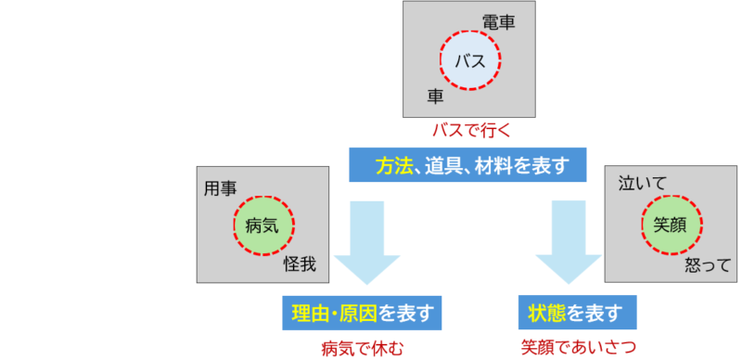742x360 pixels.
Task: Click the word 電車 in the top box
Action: pyautogui.click(x=498, y=22)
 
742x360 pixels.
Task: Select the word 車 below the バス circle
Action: pyautogui.click(x=434, y=96)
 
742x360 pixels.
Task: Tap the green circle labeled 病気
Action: pyautogui.click(x=262, y=225)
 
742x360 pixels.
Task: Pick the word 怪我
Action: pyautogui.click(x=300, y=265)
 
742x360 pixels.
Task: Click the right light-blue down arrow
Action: pyautogui.click(x=568, y=243)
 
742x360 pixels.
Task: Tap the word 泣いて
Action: pyautogui.click(x=642, y=184)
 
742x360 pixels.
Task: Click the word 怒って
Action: pyautogui.click(x=708, y=265)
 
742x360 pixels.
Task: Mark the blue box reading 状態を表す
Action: pyautogui.click(x=576, y=312)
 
